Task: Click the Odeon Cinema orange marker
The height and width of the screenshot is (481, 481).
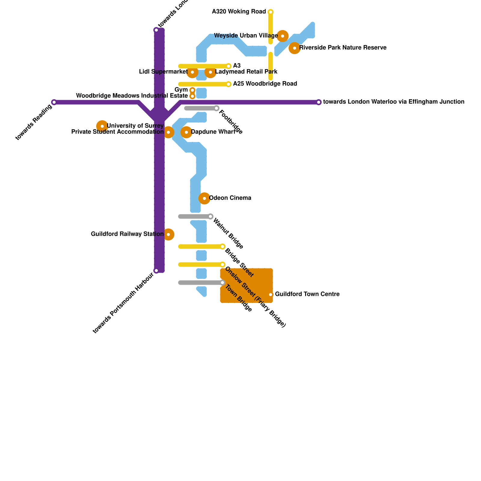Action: click(204, 198)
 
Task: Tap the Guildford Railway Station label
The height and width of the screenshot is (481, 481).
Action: click(127, 234)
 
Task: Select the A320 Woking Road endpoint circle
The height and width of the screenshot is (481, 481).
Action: click(271, 12)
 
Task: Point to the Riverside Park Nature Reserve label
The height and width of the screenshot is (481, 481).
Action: click(343, 48)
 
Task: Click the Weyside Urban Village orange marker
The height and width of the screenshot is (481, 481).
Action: click(283, 36)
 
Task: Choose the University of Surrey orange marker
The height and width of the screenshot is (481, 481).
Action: click(102, 126)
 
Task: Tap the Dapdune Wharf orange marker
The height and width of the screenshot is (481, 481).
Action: click(186, 132)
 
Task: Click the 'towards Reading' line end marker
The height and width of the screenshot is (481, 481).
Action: click(54, 102)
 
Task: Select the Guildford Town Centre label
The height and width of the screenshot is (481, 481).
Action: click(307, 294)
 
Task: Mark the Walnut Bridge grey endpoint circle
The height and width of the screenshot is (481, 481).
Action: click(210, 216)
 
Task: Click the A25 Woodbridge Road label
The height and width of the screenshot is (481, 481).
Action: click(265, 84)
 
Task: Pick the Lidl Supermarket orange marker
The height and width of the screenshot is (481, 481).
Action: click(192, 72)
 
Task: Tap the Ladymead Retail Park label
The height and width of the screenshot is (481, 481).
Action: click(246, 72)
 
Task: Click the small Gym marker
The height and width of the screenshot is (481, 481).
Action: click(192, 90)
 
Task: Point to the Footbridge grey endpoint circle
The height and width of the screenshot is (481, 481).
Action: click(216, 108)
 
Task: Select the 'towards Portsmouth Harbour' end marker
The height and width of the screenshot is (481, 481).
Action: click(156, 271)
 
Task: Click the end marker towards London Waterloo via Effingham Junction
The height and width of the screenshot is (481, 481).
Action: click(319, 102)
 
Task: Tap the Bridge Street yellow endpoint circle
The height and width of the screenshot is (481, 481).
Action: click(222, 247)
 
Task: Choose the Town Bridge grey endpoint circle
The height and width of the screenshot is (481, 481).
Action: click(222, 283)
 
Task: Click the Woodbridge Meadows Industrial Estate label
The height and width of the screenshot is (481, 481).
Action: click(132, 96)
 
